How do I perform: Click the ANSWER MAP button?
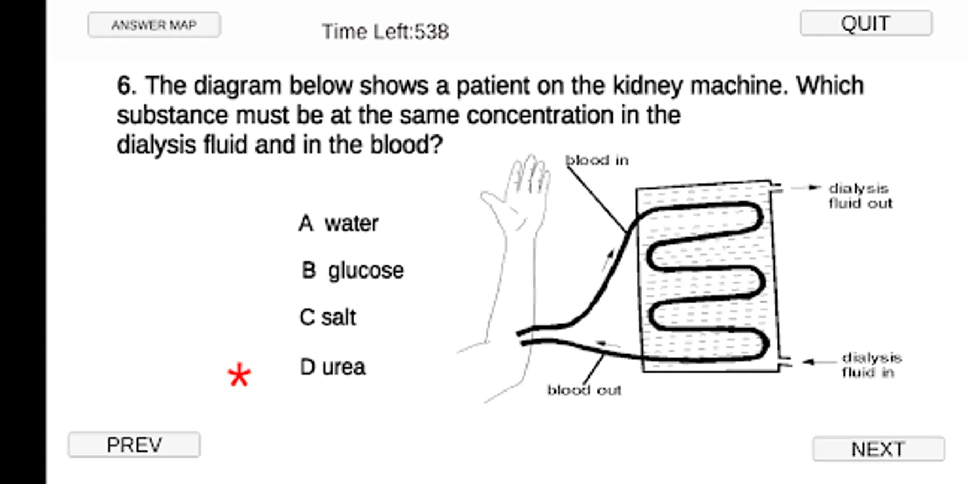(154, 25)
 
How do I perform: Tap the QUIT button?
(866, 23)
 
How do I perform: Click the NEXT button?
(878, 449)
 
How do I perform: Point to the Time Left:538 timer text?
(385, 32)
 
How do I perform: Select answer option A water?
(338, 223)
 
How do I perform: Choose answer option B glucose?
(352, 271)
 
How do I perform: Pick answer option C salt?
(328, 317)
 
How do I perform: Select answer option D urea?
(332, 367)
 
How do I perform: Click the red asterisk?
(239, 375)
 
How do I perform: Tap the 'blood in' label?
(597, 160)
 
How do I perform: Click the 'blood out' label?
(584, 390)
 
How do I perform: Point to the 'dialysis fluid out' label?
(860, 196)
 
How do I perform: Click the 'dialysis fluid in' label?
(871, 365)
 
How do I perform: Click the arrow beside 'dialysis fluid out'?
(806, 188)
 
